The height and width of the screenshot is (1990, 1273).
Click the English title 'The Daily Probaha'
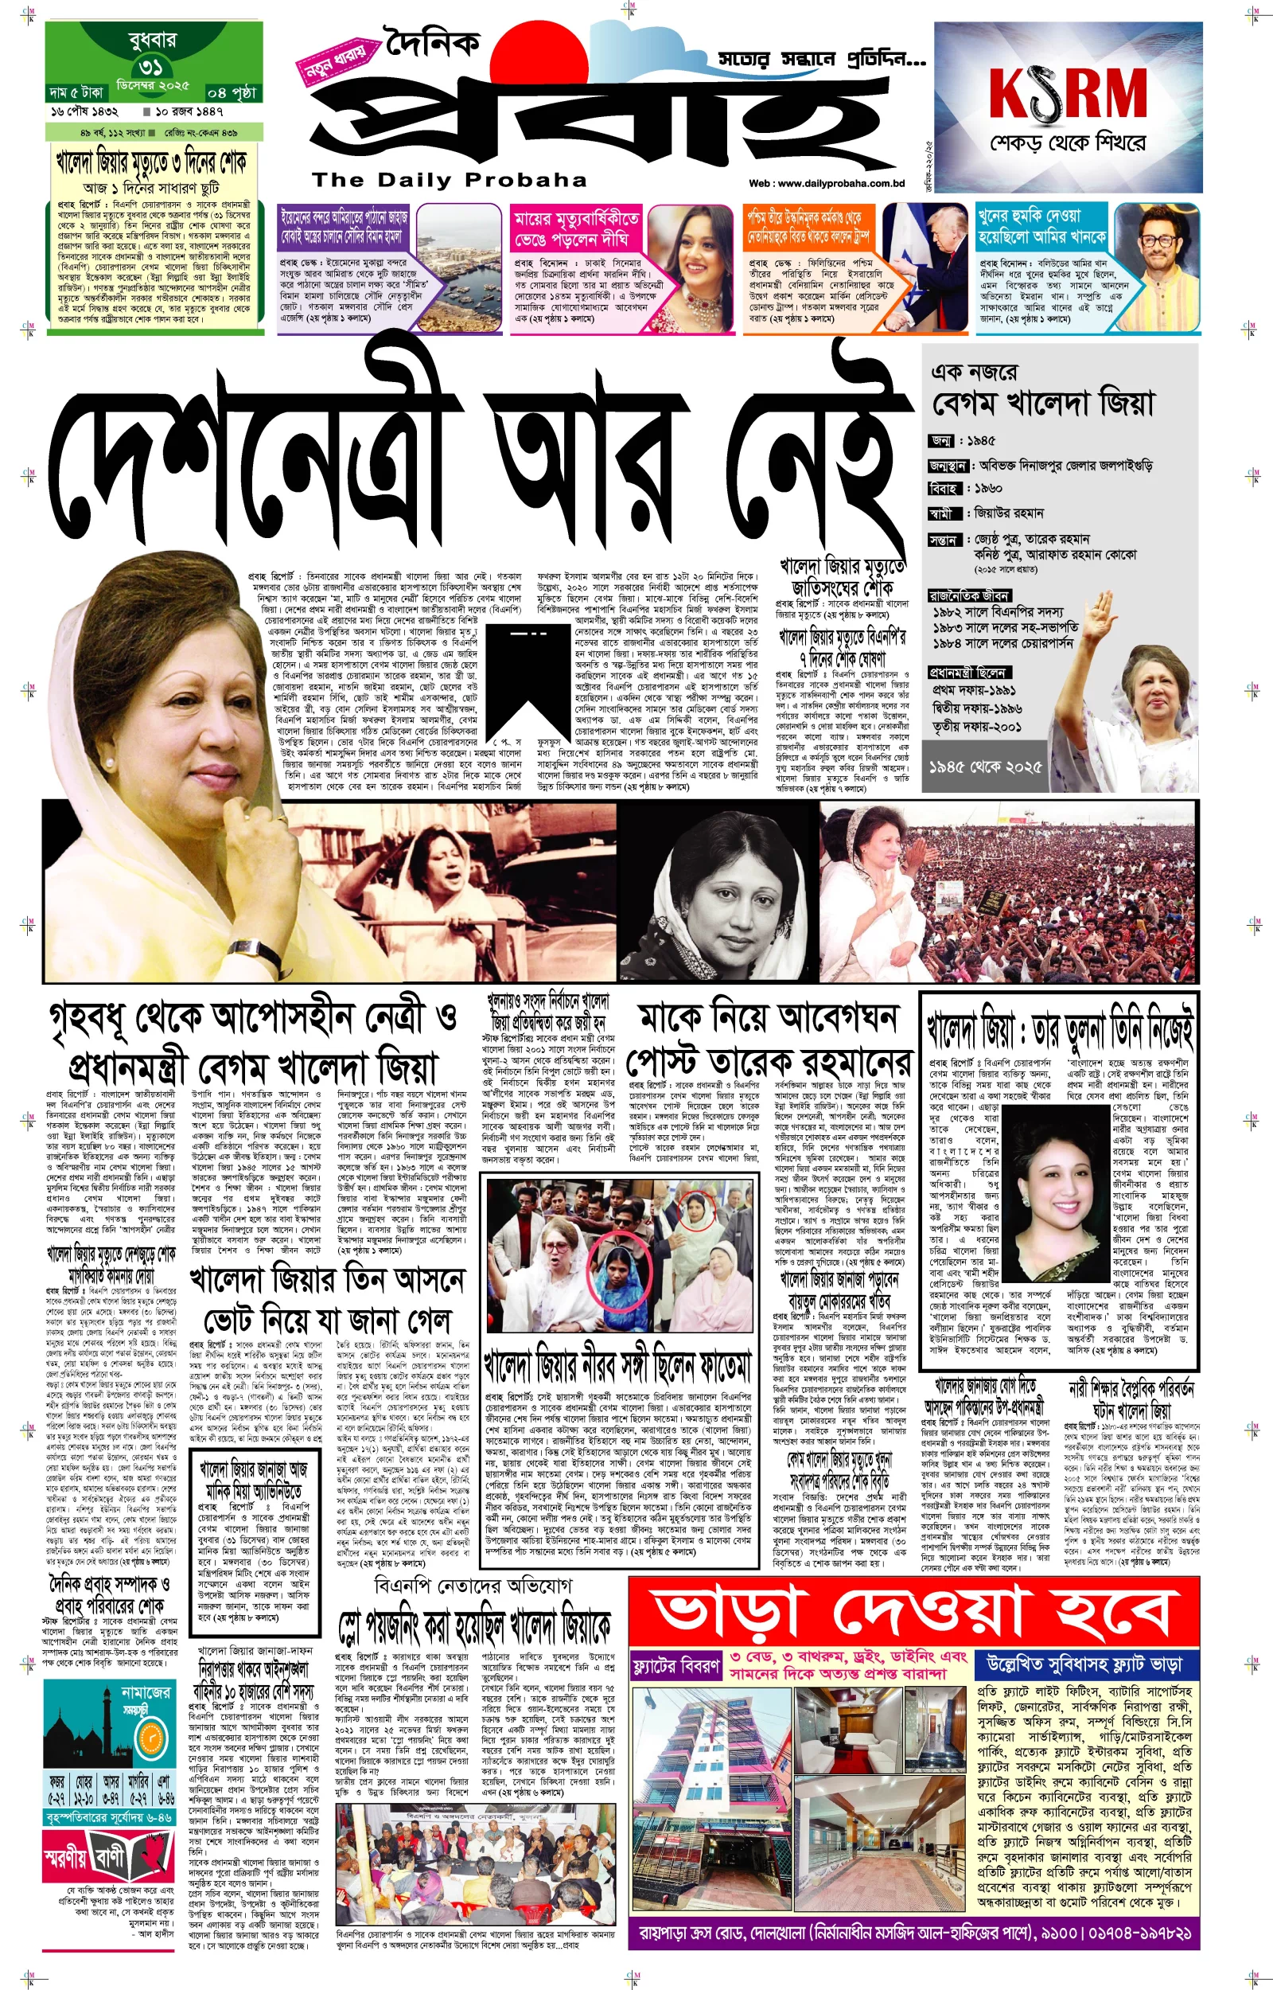449,180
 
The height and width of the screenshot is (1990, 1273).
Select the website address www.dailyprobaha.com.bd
837,184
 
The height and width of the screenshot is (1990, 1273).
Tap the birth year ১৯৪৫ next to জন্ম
983,442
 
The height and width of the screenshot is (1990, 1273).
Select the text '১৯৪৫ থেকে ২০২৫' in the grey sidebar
984,767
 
